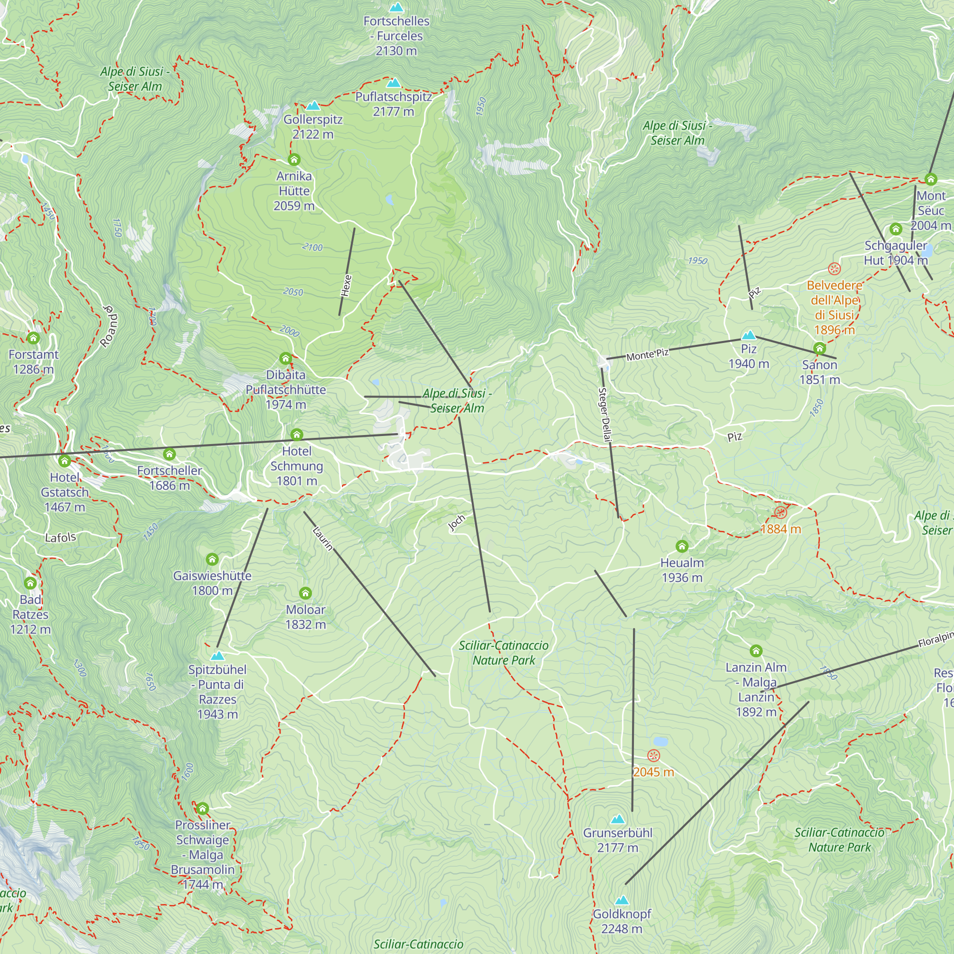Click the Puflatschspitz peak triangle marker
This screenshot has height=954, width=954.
tap(393, 83)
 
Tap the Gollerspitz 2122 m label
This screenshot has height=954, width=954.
tap(312, 127)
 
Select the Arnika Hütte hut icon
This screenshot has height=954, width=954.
tap(294, 159)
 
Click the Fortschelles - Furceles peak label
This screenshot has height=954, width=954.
tap(396, 36)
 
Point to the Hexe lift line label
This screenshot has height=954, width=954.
tap(346, 285)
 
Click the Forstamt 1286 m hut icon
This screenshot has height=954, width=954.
tap(33, 338)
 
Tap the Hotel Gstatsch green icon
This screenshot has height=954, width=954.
tap(65, 461)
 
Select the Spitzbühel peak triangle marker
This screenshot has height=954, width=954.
tap(217, 656)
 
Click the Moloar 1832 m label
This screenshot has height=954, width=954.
tap(305, 617)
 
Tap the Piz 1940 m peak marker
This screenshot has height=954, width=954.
tap(748, 336)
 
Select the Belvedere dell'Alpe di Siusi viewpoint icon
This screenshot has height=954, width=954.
tap(834, 269)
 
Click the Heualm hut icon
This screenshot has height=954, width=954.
tap(682, 546)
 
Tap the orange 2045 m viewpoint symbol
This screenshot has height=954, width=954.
tap(653, 756)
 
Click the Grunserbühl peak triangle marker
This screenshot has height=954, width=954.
tap(617, 819)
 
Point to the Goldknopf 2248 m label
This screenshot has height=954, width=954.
tap(622, 921)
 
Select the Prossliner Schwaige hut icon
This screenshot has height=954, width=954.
tap(202, 809)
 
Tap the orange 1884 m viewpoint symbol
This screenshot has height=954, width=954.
tap(780, 511)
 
